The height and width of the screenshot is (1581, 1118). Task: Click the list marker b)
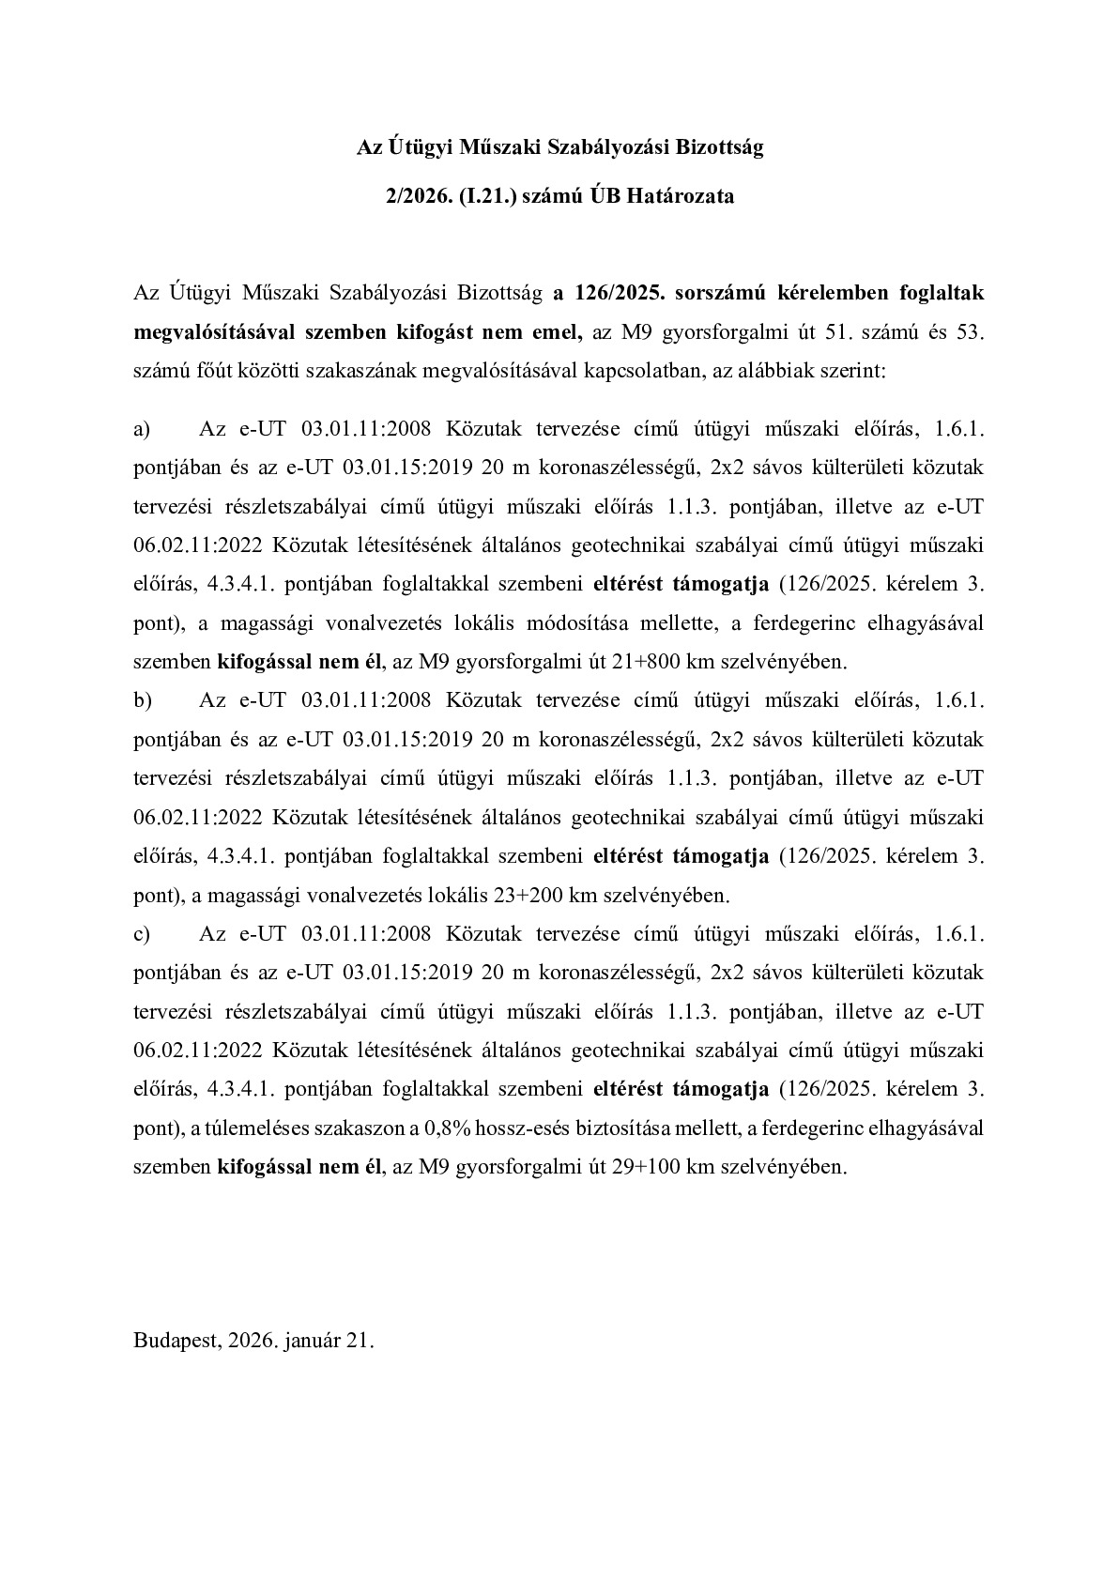[143, 700]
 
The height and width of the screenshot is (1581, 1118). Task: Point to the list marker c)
[143, 934]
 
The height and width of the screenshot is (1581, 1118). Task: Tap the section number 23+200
[527, 895]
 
